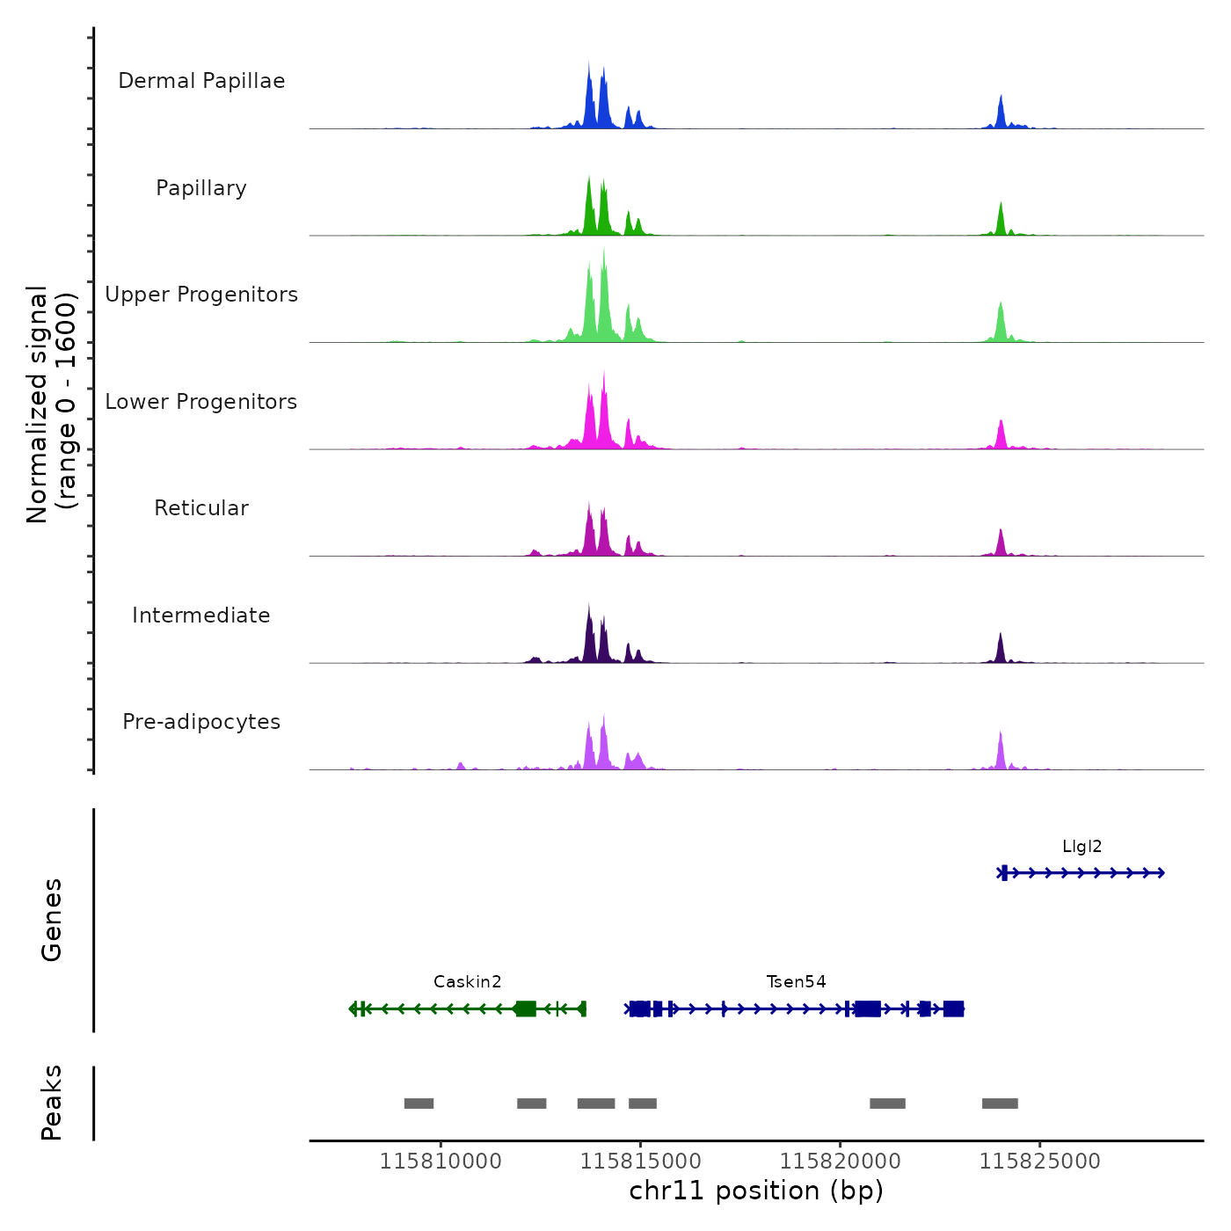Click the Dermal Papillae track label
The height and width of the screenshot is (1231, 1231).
coord(201,81)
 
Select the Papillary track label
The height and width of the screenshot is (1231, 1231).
coord(201,188)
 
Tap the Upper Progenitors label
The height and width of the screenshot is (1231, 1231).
coord(201,295)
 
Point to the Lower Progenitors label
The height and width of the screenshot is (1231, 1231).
coord(201,402)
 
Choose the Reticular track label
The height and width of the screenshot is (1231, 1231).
coord(201,508)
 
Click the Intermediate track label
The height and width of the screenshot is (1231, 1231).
coord(201,615)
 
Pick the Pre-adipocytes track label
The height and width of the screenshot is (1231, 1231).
coord(201,722)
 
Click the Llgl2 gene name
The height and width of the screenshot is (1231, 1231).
coord(1082,847)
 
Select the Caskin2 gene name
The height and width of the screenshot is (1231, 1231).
coord(467,982)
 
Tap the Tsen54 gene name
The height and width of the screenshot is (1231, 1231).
coord(796,982)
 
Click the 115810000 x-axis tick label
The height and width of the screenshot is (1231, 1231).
coord(441,1162)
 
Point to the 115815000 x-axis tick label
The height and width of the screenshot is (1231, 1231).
coord(640,1162)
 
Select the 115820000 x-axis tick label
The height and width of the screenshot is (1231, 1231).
coord(840,1162)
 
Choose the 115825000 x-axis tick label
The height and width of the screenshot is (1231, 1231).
coord(1039,1162)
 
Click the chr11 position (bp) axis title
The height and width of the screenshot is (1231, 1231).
coord(756,1191)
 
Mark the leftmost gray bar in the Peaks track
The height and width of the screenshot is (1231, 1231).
coord(419,1104)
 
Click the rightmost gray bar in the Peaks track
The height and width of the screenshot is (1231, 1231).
coord(1000,1104)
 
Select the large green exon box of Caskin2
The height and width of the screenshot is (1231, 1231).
coord(526,1009)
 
